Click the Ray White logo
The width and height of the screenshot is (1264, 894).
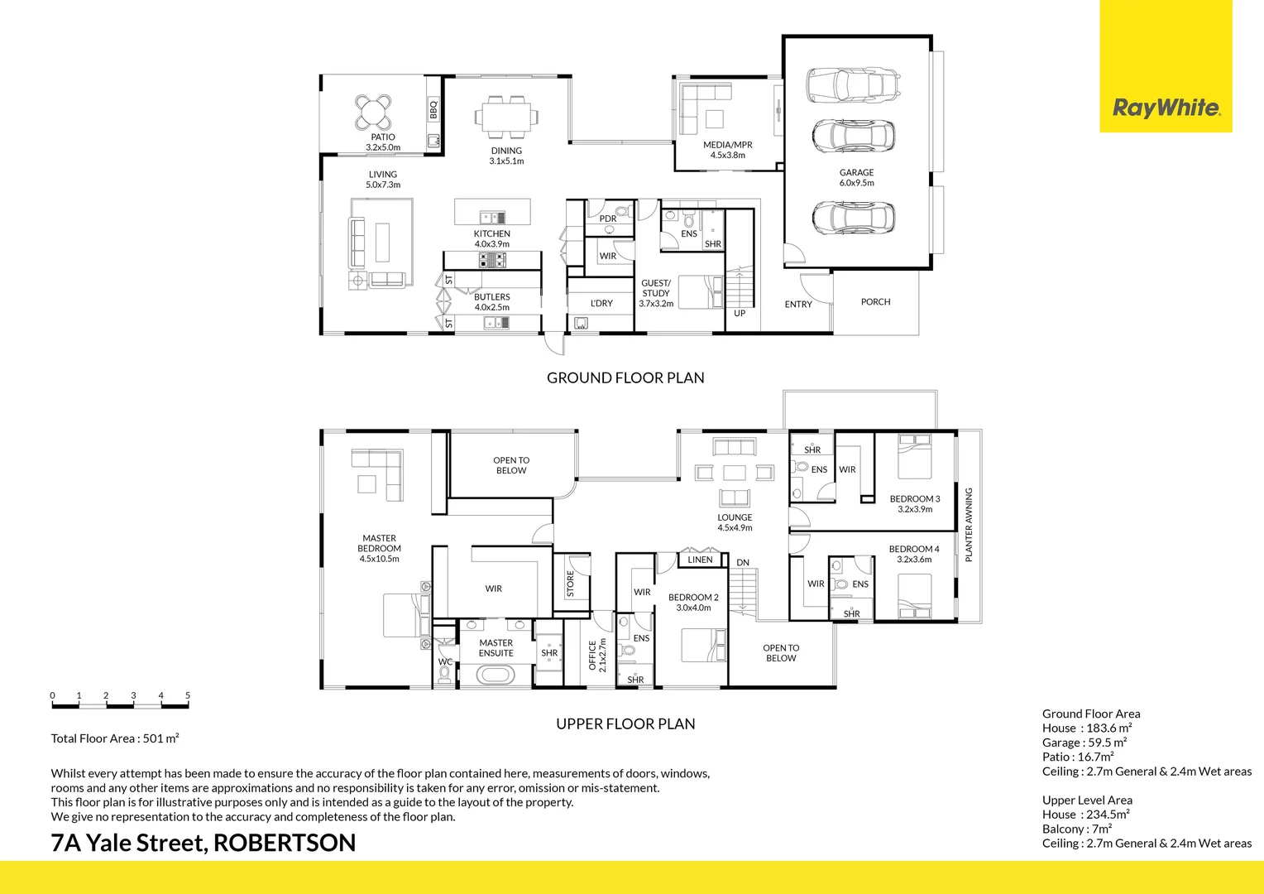point(1166,108)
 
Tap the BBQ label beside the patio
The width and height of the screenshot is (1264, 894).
point(433,109)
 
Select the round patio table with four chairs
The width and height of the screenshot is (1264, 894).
point(373,113)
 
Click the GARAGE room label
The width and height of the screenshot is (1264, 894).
point(856,173)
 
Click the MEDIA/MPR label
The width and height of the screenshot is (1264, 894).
point(728,145)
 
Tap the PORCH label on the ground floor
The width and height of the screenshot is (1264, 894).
point(875,302)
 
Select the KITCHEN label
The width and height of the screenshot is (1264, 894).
point(492,234)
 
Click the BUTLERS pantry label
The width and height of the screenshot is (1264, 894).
point(492,297)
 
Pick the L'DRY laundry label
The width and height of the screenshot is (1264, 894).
point(601,304)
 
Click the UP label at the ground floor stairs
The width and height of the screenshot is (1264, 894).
point(740,313)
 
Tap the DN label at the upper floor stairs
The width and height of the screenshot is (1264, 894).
point(743,563)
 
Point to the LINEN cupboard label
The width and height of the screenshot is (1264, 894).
point(700,560)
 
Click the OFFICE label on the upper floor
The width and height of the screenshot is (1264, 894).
point(592,655)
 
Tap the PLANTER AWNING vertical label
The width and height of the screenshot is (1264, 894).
point(969,525)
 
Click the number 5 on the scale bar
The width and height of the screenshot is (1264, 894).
point(188,696)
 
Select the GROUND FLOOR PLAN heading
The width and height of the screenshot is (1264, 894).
point(625,378)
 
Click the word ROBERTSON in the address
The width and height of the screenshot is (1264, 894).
point(285,843)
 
